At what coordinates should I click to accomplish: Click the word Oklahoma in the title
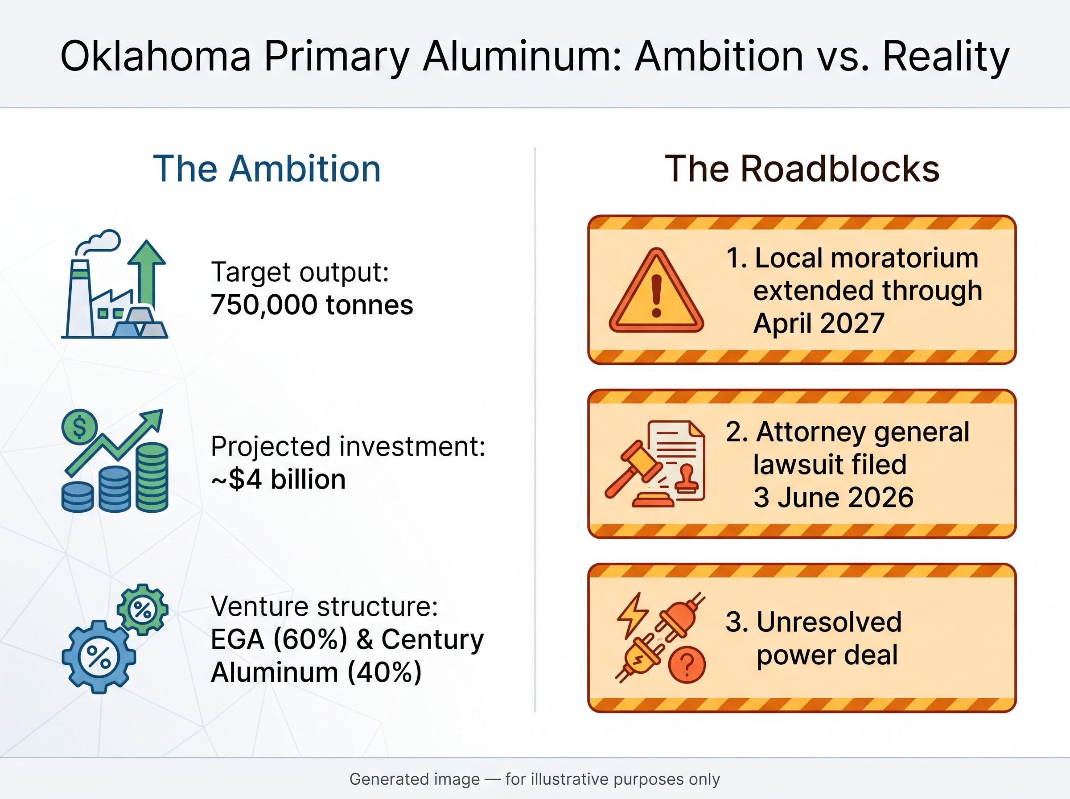click(x=156, y=56)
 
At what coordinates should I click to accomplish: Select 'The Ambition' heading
click(x=267, y=169)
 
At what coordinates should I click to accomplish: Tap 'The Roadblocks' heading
click(x=802, y=169)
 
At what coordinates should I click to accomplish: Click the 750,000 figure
click(x=264, y=305)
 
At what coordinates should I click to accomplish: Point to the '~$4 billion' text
click(x=278, y=479)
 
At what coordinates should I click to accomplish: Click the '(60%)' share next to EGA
click(x=310, y=639)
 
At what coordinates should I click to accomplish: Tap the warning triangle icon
click(x=656, y=291)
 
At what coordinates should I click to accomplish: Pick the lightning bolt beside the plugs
click(x=633, y=615)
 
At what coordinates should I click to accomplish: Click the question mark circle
click(x=687, y=664)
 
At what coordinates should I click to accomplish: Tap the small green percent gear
click(x=143, y=610)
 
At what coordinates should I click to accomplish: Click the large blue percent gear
click(x=99, y=657)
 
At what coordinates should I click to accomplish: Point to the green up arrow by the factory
click(x=147, y=273)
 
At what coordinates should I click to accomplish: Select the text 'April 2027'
click(x=819, y=324)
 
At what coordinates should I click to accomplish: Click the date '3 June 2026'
click(x=834, y=497)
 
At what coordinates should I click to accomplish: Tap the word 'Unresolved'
click(x=829, y=622)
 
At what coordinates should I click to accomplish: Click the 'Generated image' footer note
click(x=415, y=779)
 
